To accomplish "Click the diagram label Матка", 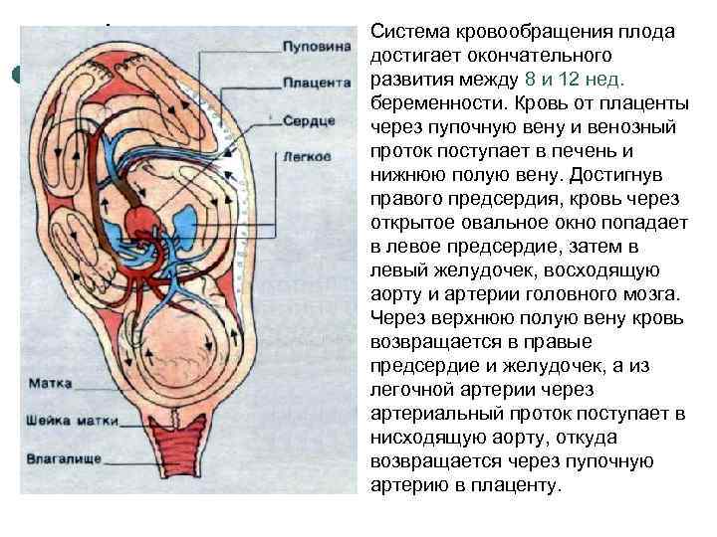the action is coord(50,382).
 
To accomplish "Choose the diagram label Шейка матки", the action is coord(67,419).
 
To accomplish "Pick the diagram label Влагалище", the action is coord(63,458).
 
